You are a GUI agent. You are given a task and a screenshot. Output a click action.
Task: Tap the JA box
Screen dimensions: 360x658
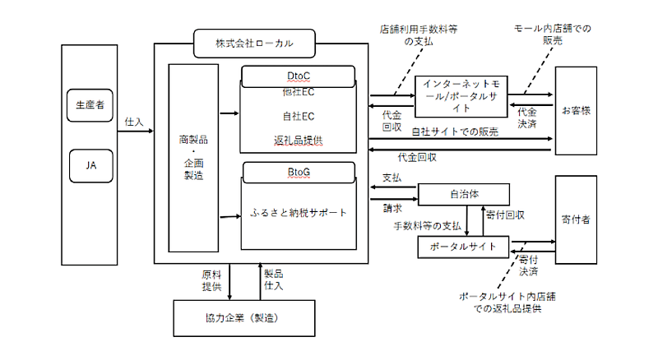(90, 164)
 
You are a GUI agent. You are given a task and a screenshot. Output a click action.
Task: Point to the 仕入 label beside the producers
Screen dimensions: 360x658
(133, 121)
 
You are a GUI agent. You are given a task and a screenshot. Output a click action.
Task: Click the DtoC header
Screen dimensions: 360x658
(299, 74)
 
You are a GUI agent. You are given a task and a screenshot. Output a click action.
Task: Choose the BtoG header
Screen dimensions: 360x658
(299, 173)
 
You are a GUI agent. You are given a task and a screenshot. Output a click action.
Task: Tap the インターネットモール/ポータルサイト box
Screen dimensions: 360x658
(459, 91)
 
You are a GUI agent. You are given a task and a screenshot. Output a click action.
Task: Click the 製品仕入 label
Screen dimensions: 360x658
(273, 280)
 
